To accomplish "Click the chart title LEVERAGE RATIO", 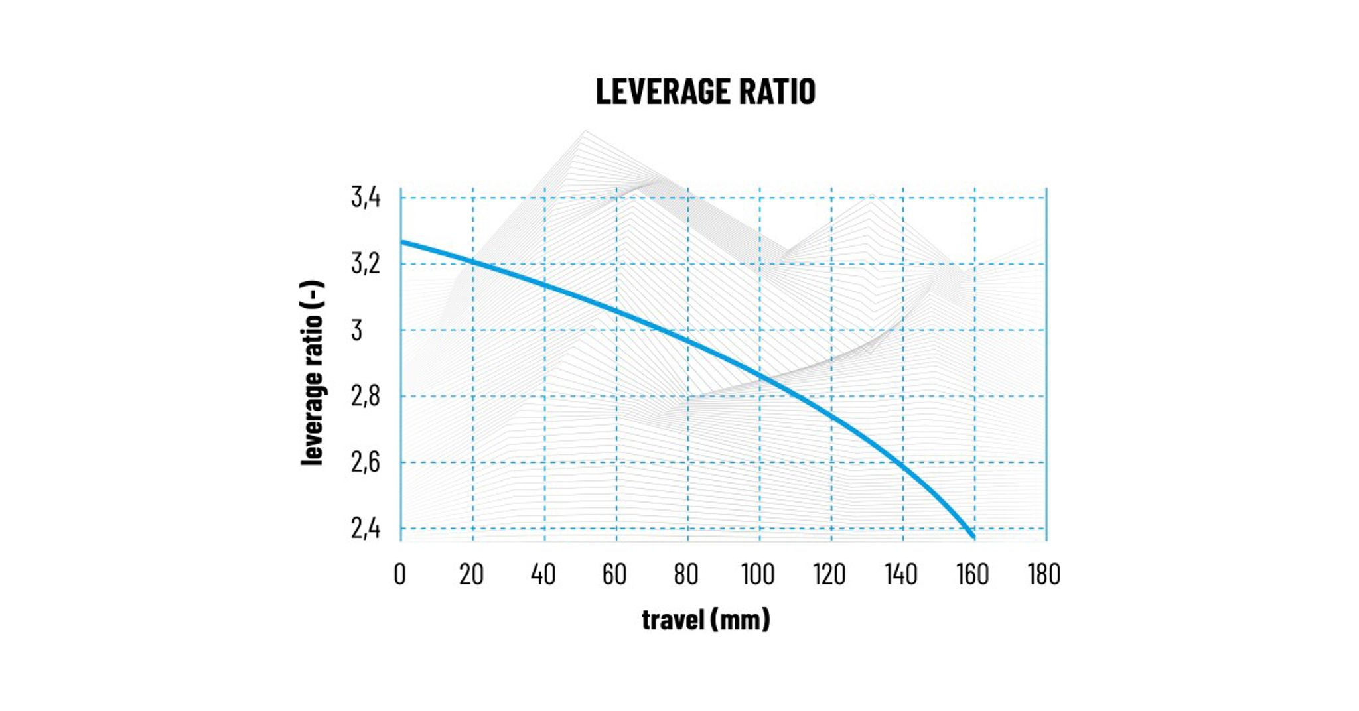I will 705,92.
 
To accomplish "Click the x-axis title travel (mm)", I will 705,619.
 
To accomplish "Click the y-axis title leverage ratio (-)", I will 312,373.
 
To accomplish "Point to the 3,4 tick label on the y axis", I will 366,197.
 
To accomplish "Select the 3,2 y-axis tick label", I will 366,263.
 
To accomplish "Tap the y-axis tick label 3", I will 357,330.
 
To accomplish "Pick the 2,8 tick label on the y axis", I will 366,396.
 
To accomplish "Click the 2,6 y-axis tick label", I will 366,462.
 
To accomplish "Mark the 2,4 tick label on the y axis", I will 366,529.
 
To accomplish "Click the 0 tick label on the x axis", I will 399,574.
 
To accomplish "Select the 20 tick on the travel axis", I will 471,574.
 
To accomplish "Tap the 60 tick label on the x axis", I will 614,574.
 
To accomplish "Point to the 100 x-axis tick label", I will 758,574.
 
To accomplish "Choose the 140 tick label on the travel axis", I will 901,574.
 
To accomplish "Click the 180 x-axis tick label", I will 1044,574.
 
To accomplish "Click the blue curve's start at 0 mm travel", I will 402,243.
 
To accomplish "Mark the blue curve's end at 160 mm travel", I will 973,536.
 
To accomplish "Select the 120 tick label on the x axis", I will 829,574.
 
